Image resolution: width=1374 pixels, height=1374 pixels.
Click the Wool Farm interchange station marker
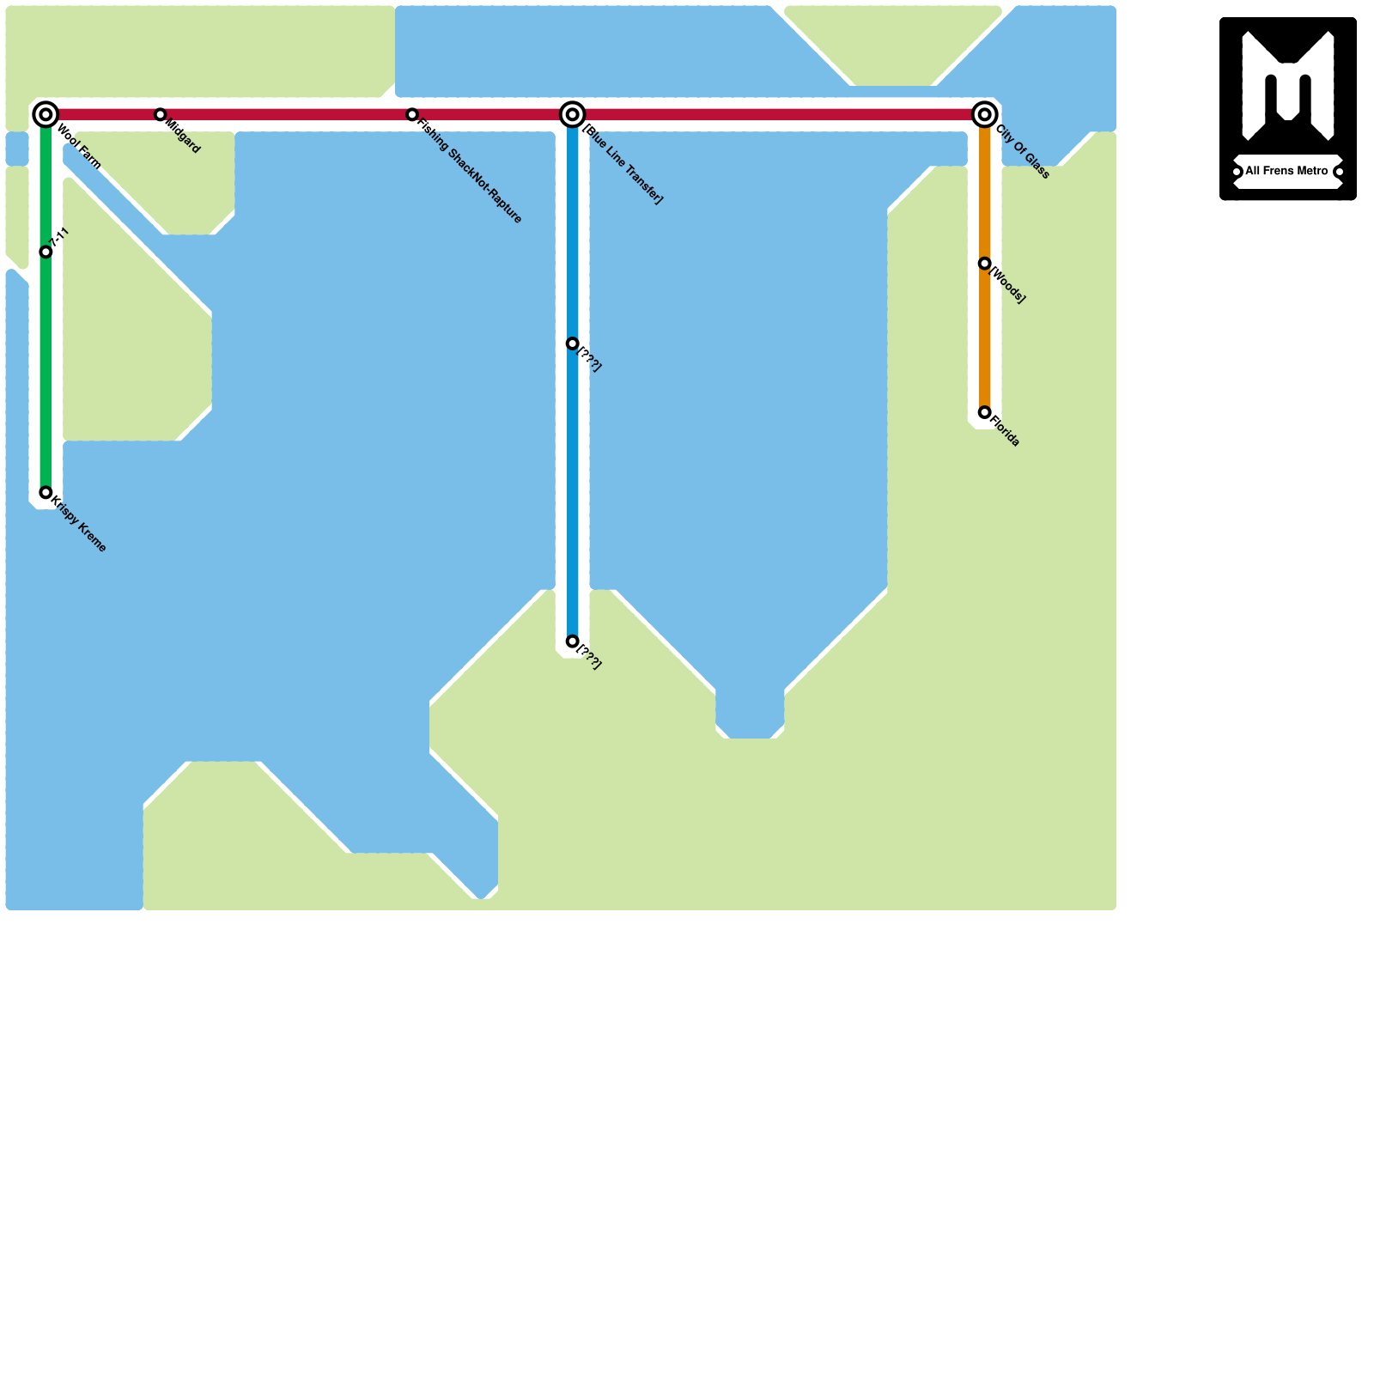tap(46, 114)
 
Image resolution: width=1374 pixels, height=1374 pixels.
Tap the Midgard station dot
tap(160, 114)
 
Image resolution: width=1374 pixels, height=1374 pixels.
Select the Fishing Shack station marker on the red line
tap(412, 114)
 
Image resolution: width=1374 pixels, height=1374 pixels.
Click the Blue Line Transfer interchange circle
tap(573, 114)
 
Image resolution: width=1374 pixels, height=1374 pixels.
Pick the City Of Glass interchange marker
tap(985, 114)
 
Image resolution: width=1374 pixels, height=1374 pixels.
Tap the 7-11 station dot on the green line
tap(46, 252)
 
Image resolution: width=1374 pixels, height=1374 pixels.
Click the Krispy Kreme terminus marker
tap(46, 493)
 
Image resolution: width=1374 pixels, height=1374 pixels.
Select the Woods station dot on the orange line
tap(985, 264)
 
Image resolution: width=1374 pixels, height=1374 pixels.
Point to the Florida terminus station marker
tap(985, 413)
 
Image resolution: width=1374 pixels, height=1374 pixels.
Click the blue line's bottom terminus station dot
tap(573, 641)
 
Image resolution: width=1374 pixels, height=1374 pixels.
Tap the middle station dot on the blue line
tap(573, 343)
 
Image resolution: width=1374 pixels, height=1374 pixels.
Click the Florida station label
tap(1006, 432)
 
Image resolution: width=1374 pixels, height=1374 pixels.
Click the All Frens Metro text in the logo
tap(1286, 172)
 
